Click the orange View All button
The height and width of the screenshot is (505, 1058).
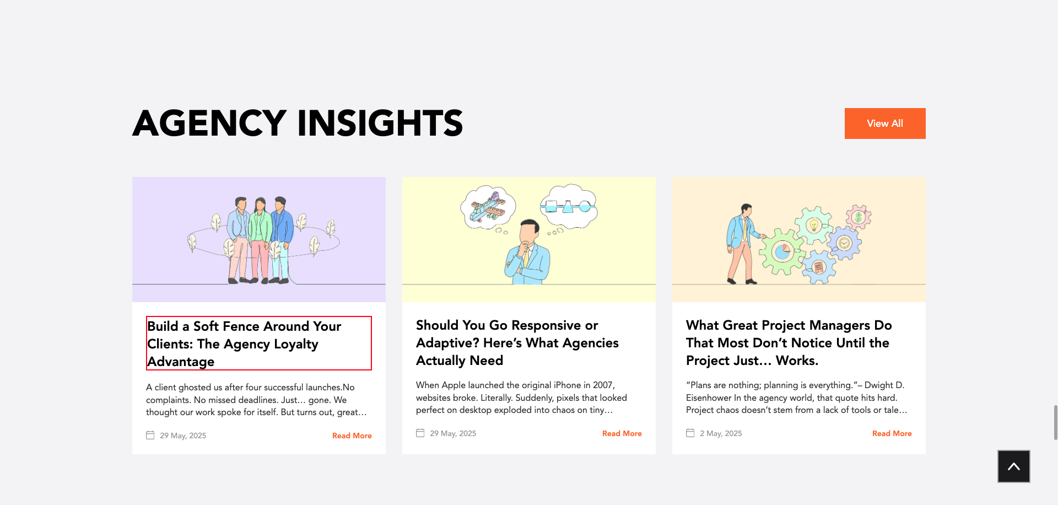[885, 123]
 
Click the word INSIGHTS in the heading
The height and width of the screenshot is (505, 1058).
[380, 123]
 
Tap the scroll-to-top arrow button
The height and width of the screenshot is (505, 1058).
[1014, 466]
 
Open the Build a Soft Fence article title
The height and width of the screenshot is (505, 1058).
[244, 343]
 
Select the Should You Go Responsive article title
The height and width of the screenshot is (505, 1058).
[517, 342]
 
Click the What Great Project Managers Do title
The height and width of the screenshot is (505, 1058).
[789, 342]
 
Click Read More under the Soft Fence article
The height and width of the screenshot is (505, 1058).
[352, 436]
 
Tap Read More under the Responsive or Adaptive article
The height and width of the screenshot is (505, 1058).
[622, 433]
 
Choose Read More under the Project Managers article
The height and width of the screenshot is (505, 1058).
[892, 433]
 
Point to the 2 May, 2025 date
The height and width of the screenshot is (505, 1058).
[721, 433]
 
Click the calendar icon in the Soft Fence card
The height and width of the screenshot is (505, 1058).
[150, 435]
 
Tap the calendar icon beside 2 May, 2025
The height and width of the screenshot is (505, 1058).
[690, 433]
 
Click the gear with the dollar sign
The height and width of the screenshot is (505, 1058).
[858, 217]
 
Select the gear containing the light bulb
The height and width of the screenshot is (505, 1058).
[813, 225]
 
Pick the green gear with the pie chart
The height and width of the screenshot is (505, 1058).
[782, 252]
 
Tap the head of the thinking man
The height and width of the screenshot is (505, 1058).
[530, 231]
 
